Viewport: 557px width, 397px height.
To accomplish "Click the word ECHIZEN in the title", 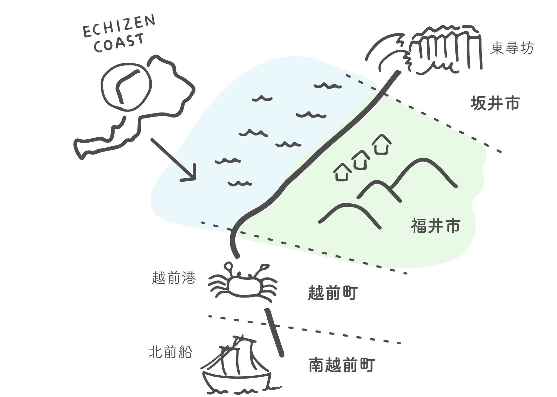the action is pyautogui.click(x=119, y=26).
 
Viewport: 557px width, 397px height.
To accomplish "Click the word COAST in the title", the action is pyautogui.click(x=119, y=43).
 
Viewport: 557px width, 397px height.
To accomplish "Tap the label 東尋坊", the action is pyautogui.click(x=512, y=48).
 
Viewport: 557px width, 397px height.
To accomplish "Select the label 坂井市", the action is pyautogui.click(x=495, y=104).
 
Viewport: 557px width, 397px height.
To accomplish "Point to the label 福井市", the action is pyautogui.click(x=435, y=226).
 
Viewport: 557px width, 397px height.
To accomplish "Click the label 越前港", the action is pyautogui.click(x=174, y=277).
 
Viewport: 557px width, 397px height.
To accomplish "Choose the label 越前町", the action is pyautogui.click(x=333, y=292).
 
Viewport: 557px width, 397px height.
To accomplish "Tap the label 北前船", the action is pyautogui.click(x=171, y=352).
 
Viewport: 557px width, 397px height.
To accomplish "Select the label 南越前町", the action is pyautogui.click(x=342, y=365).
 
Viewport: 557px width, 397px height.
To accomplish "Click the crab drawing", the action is pyautogui.click(x=243, y=283).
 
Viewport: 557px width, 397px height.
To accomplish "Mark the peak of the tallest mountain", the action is pyautogui.click(x=422, y=159).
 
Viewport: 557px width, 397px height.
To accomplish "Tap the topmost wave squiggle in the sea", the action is pyautogui.click(x=327, y=86).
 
